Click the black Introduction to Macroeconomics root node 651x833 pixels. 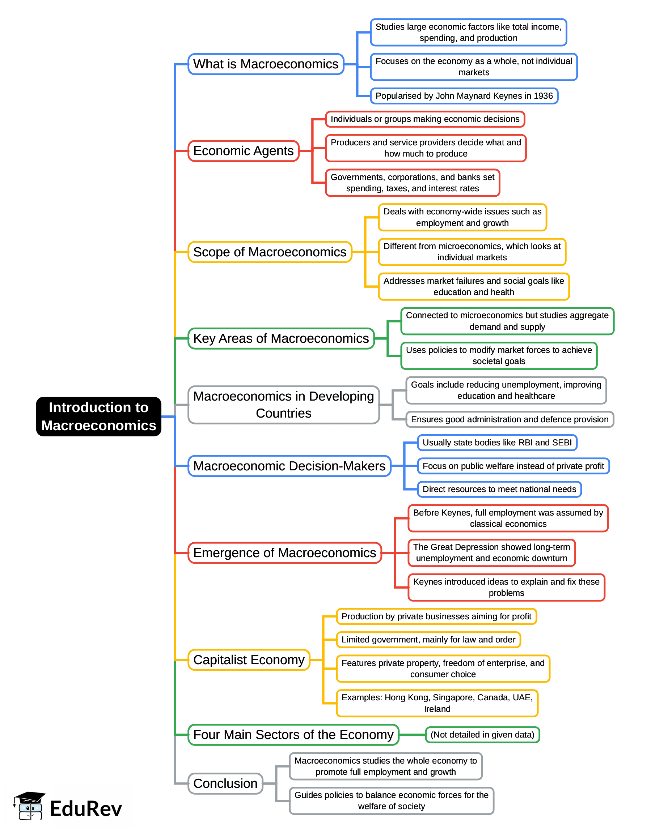[x=98, y=416]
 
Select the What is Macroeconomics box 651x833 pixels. [x=266, y=64]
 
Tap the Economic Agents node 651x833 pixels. [x=243, y=151]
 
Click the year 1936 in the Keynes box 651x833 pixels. [x=543, y=96]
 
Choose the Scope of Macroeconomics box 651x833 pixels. [x=270, y=252]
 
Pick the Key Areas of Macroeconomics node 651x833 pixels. [x=281, y=339]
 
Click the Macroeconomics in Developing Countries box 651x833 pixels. [x=283, y=405]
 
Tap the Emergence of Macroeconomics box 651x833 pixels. [x=284, y=553]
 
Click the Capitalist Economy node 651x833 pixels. [x=249, y=660]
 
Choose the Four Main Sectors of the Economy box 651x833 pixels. [x=293, y=735]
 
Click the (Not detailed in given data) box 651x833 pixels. [x=482, y=735]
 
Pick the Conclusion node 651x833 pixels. [x=225, y=783]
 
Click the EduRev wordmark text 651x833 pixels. [x=86, y=808]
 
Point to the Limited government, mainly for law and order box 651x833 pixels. [x=428, y=640]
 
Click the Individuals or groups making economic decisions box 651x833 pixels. [x=425, y=119]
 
